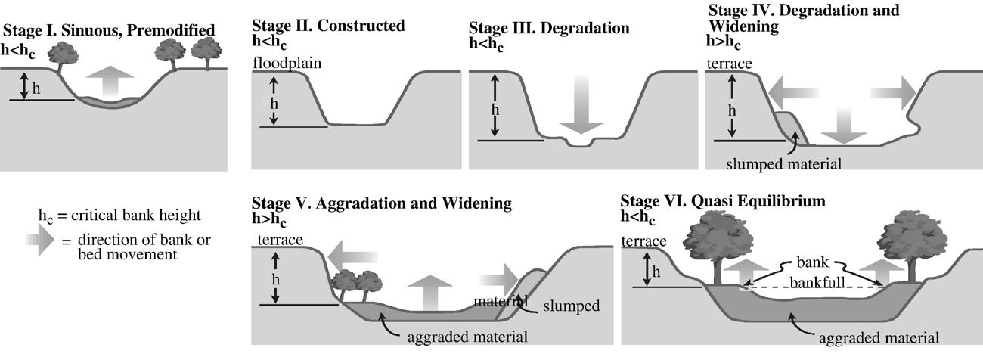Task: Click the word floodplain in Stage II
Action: (x=287, y=64)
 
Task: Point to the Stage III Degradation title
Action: (x=549, y=29)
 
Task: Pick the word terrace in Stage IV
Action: (x=729, y=64)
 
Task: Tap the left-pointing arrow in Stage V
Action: (x=355, y=257)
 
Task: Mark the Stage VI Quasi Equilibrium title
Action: (x=723, y=202)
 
